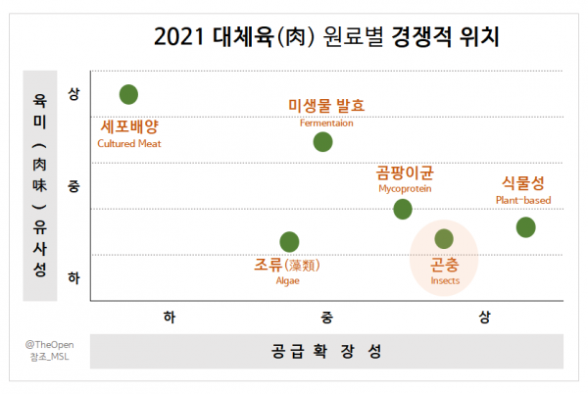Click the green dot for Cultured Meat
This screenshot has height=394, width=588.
(x=128, y=94)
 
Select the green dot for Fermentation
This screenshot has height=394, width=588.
(x=322, y=142)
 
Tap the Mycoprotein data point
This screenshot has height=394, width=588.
(x=403, y=209)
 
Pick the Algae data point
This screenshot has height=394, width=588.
(x=289, y=242)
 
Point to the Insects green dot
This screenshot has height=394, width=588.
(x=444, y=239)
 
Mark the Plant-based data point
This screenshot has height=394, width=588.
(x=525, y=227)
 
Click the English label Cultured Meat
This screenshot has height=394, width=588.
(x=129, y=143)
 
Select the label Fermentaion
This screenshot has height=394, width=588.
(x=326, y=123)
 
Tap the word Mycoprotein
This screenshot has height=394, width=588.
(x=405, y=188)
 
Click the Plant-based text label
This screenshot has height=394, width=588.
(x=523, y=200)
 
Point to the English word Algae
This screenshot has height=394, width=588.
(x=287, y=280)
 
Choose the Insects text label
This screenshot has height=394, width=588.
(x=445, y=280)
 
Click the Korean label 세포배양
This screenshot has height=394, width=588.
(x=129, y=126)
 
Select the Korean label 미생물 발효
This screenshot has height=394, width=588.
(x=326, y=105)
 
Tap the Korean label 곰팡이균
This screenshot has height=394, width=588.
(x=405, y=172)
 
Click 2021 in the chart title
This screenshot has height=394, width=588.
(x=179, y=37)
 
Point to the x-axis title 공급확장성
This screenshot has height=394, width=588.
(x=326, y=351)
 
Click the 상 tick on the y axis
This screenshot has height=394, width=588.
(x=73, y=94)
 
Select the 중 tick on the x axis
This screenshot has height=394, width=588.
(x=326, y=318)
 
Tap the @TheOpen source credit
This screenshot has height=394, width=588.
(x=50, y=345)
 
